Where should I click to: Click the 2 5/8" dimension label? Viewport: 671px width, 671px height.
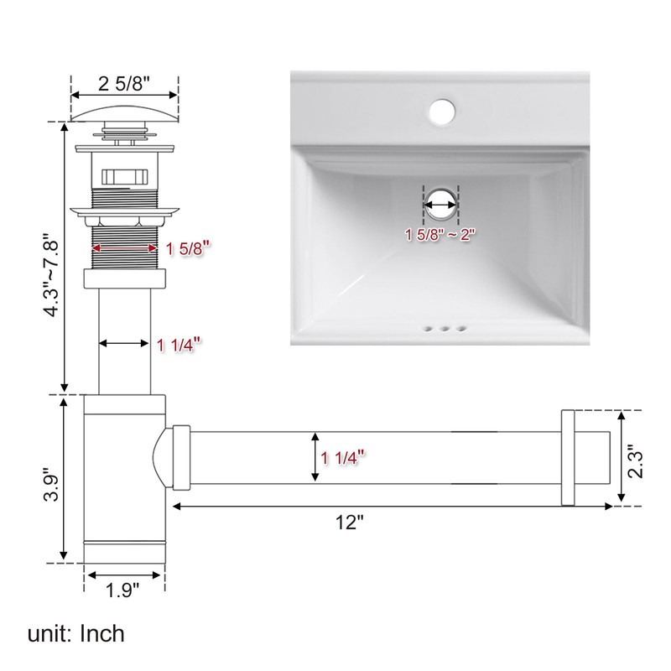coord(123,83)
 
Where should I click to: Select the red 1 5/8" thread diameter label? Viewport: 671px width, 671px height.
coord(187,247)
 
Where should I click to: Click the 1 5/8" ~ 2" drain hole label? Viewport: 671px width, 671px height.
coord(440,235)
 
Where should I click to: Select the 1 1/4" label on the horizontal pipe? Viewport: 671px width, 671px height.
coord(345,457)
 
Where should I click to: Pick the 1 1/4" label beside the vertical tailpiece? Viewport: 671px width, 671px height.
coord(179,343)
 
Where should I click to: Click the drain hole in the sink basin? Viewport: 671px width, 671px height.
coord(440,201)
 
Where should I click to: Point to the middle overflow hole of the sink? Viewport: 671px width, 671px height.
coord(441,330)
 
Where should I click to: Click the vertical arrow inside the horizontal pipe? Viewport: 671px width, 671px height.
coord(315,457)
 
